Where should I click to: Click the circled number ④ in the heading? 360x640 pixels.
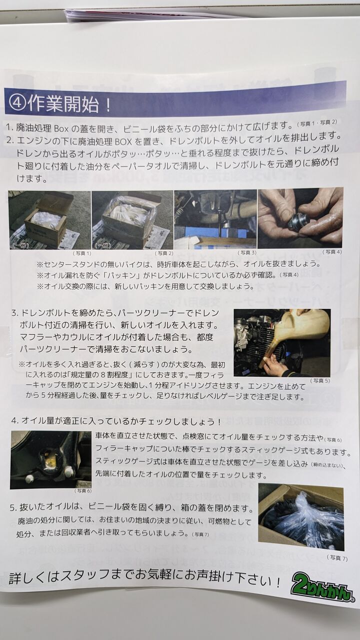(x=17, y=103)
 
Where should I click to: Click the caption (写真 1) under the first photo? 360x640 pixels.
(x=81, y=253)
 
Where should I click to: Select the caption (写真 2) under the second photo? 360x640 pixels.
(x=164, y=253)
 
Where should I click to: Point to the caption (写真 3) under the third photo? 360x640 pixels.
(x=247, y=252)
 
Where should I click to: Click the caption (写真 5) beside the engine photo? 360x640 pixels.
(x=319, y=380)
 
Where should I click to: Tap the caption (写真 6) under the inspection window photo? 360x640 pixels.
(x=83, y=490)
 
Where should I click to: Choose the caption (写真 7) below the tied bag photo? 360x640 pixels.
(x=337, y=557)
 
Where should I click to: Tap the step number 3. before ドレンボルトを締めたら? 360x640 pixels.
(x=15, y=313)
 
